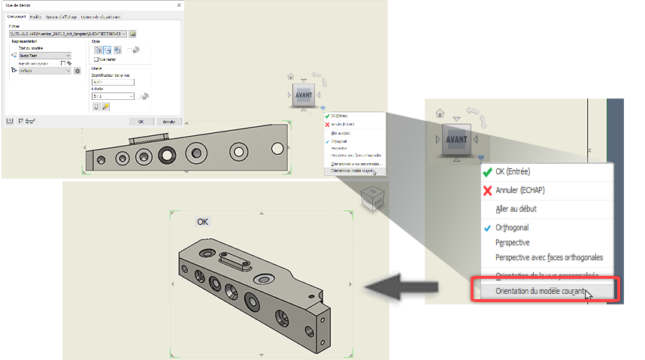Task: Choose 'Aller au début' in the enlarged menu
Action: (x=516, y=208)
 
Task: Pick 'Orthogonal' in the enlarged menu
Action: (x=511, y=228)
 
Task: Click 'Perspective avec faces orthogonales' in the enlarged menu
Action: (x=549, y=257)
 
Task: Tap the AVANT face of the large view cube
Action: (x=456, y=139)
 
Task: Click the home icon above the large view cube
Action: (x=439, y=113)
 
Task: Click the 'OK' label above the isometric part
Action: (x=203, y=222)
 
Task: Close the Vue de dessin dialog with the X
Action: (x=177, y=5)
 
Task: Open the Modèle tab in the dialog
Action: (x=35, y=17)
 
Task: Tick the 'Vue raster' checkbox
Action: (x=95, y=59)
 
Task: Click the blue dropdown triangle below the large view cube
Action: (x=480, y=158)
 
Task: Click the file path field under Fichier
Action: (x=66, y=34)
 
